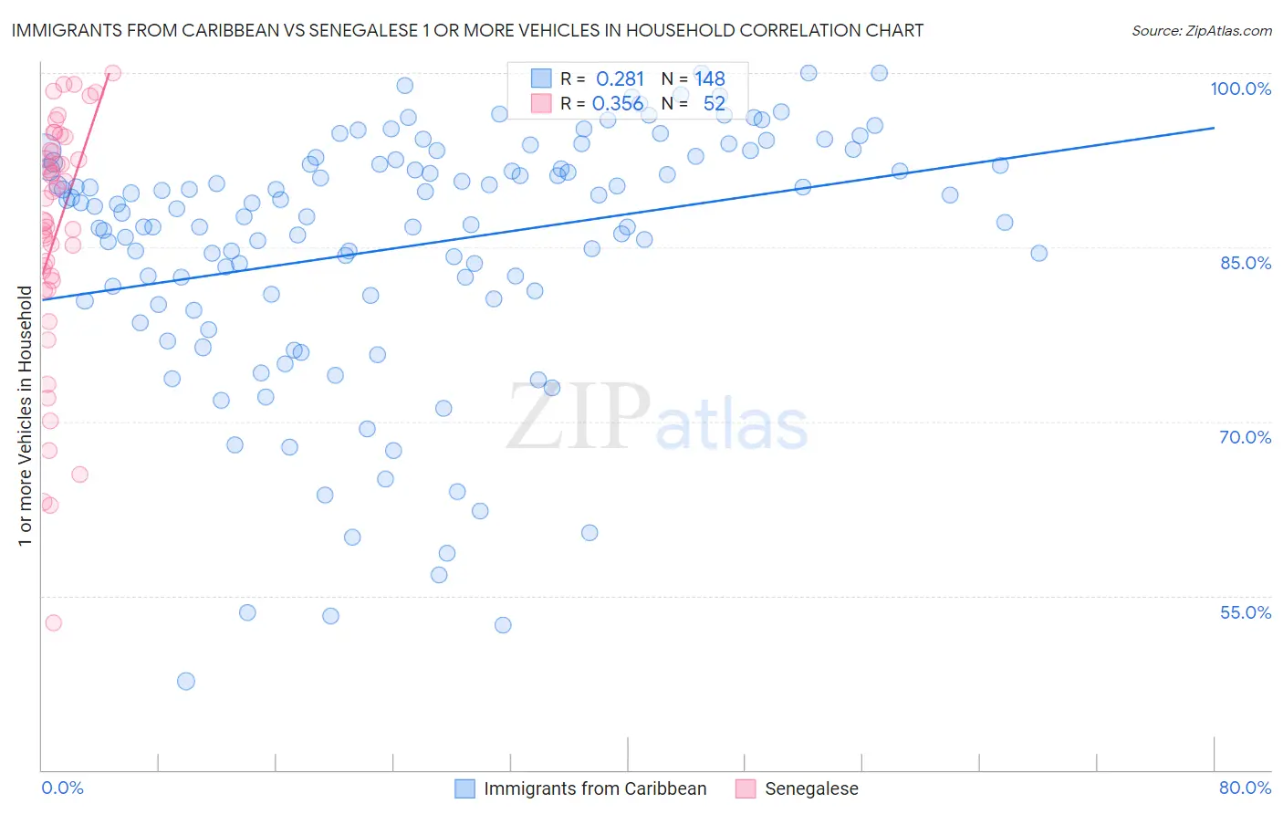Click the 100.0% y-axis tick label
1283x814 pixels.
(1240, 89)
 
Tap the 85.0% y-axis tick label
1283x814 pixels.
(1245, 263)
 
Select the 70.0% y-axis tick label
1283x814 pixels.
(1245, 437)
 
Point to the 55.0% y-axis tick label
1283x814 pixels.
(1245, 612)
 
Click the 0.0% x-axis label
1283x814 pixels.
(62, 788)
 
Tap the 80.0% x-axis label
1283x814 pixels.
(1245, 788)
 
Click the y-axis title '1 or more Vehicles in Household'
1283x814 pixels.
(26, 416)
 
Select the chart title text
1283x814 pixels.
(467, 30)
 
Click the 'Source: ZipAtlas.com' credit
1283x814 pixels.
(1201, 30)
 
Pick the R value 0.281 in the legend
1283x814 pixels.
(620, 78)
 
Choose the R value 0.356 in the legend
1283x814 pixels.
(618, 104)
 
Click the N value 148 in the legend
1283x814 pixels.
(709, 78)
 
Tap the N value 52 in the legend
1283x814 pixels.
(714, 104)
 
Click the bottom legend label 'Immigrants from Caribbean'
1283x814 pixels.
(595, 788)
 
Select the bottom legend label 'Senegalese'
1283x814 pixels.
(811, 788)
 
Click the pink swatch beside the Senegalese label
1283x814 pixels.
(746, 788)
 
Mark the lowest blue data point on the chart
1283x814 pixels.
(186, 681)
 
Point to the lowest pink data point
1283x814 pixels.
(53, 622)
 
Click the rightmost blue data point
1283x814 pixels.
(1038, 253)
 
